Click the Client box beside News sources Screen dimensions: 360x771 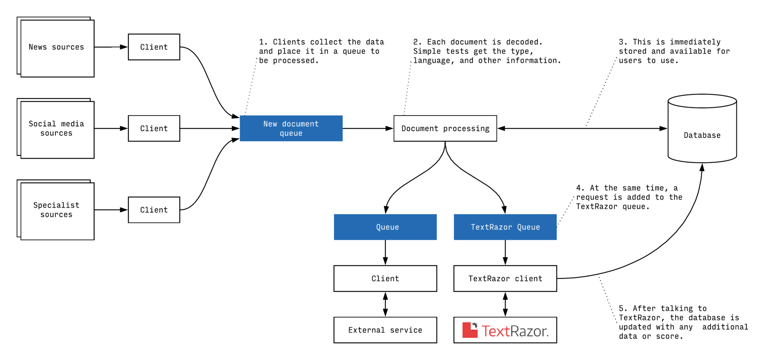pyautogui.click(x=154, y=47)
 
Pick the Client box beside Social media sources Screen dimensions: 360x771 pyautogui.click(x=154, y=128)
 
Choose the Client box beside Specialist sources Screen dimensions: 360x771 pyautogui.click(x=154, y=210)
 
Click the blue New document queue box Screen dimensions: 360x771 pyautogui.click(x=291, y=128)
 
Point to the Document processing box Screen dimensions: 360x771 pyautogui.click(x=445, y=128)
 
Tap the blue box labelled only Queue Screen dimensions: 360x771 pyautogui.click(x=385, y=227)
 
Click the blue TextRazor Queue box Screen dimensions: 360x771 pyautogui.click(x=505, y=227)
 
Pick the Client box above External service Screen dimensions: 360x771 pyautogui.click(x=385, y=279)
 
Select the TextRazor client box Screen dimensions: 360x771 pyautogui.click(x=505, y=279)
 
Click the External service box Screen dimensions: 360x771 pyautogui.click(x=385, y=330)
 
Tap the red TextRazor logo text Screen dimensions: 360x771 pyautogui.click(x=515, y=331)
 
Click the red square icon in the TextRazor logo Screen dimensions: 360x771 pyautogui.click(x=469, y=330)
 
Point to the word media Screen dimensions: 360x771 pyautogui.click(x=73, y=124)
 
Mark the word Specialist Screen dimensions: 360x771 pyautogui.click(x=56, y=205)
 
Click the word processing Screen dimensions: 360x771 pyautogui.click(x=466, y=129)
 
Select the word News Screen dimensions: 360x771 pyautogui.click(x=38, y=47)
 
